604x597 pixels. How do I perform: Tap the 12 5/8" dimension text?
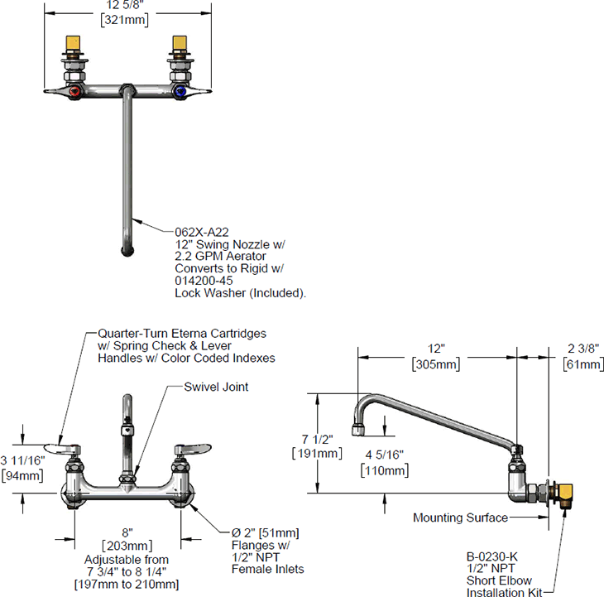(x=125, y=6)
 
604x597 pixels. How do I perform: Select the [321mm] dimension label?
(x=125, y=21)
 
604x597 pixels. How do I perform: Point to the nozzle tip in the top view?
(x=127, y=248)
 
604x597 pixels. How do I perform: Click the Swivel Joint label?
(x=217, y=387)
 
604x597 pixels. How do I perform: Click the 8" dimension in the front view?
(x=126, y=533)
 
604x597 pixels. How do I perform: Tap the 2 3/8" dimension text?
(x=582, y=349)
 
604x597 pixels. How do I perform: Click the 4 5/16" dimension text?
(x=385, y=455)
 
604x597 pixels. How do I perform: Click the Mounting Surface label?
(x=460, y=518)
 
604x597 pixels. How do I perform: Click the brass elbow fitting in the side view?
(x=565, y=496)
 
